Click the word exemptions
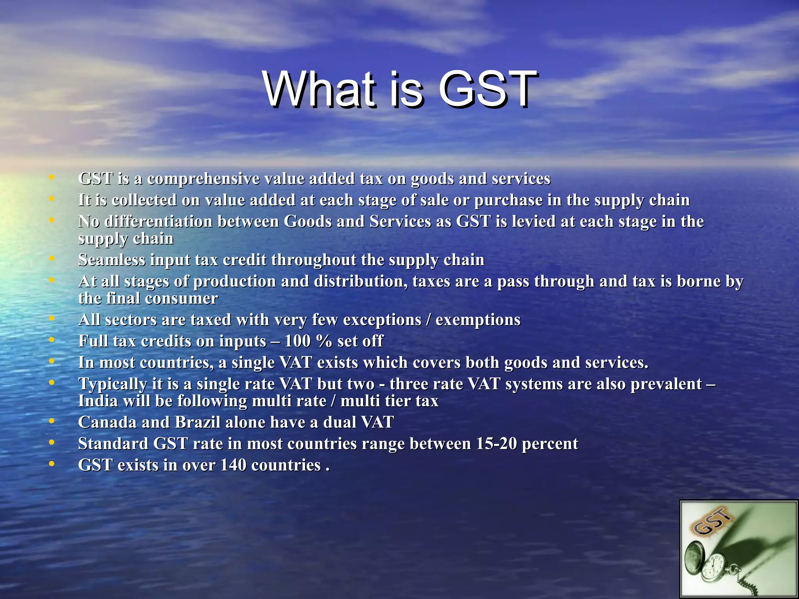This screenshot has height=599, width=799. (478, 320)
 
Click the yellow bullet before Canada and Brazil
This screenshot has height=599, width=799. (51, 422)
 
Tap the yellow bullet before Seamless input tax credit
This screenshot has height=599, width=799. (51, 259)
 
